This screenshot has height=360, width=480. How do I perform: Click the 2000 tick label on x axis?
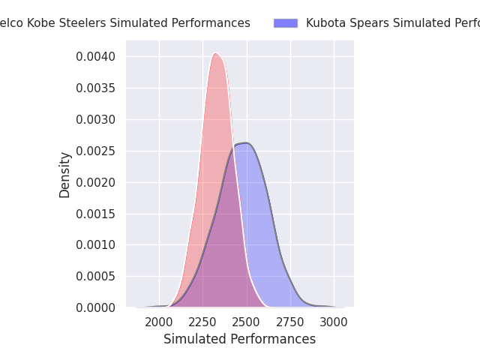pos(159,322)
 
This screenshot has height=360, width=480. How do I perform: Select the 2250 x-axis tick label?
pos(203,322)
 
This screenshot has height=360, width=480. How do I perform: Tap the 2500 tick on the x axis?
pos(247,322)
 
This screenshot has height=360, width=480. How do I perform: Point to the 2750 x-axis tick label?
pos(291,322)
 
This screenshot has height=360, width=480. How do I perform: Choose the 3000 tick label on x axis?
pos(334,322)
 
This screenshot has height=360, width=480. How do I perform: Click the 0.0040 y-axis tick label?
pos(96,57)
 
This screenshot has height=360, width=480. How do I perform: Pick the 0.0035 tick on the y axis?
pos(96,88)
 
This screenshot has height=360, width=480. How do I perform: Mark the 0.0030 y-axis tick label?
pos(96,120)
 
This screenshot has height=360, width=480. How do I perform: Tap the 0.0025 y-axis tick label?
pos(96,151)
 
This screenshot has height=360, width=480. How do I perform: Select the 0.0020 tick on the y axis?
pos(96,182)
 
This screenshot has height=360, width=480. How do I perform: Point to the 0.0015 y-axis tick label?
pos(96,214)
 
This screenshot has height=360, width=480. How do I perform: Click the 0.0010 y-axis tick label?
pos(96,245)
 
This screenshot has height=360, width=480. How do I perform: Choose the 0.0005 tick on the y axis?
pos(96,277)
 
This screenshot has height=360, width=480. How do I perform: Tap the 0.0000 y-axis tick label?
pos(96,307)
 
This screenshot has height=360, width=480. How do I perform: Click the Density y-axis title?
pos(65,175)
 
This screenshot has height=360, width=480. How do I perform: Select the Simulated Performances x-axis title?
pos(239,339)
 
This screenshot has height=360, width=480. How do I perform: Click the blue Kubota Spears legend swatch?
pos(286,23)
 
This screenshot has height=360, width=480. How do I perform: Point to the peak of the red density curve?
pos(215,53)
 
